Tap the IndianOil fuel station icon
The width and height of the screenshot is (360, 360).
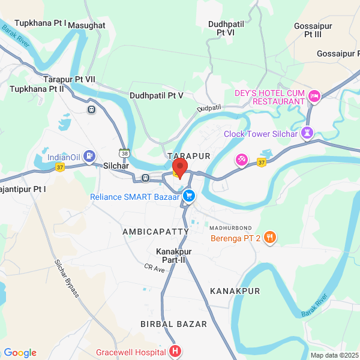coord(89,157)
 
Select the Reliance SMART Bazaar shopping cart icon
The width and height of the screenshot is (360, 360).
coord(189,196)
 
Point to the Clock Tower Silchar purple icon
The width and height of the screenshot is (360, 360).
coord(308,133)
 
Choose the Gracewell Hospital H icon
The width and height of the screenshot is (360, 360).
coord(175,350)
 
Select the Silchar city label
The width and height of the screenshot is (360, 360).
coord(116,166)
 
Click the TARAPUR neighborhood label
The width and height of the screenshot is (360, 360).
coord(190,155)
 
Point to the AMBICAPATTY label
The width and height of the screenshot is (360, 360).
coord(155,231)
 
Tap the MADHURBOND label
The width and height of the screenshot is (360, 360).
coord(230,228)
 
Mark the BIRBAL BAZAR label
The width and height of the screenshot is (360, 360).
coord(173,324)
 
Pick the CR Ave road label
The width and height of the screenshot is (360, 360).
coord(154,268)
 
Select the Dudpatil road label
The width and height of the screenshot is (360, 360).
coord(209,107)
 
